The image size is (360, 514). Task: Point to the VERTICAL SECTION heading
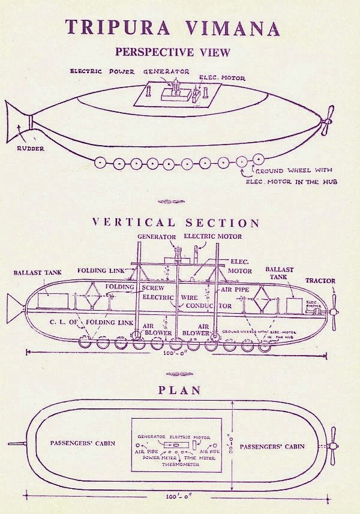176,223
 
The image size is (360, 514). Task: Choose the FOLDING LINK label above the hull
101,270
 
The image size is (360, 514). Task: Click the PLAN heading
175,390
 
